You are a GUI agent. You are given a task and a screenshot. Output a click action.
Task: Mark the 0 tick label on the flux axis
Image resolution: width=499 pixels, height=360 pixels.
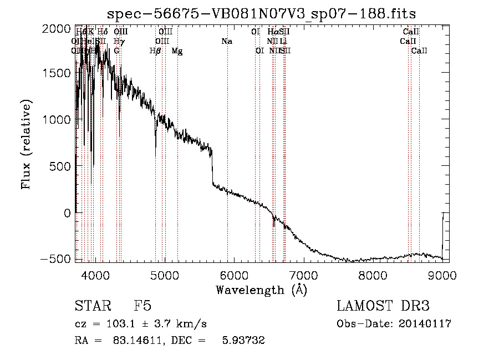(67, 212)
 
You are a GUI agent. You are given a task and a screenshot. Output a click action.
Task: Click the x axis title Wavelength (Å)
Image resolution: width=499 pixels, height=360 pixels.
(261, 290)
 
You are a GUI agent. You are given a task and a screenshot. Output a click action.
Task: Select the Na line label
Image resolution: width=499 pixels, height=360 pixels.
(226, 42)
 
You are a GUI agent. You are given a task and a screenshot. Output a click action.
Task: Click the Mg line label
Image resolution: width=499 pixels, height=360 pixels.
(177, 51)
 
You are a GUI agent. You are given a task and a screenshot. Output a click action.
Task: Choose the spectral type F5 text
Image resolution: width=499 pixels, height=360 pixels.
(142, 307)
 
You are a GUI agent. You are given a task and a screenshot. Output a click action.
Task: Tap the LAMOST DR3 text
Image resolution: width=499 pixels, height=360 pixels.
(383, 307)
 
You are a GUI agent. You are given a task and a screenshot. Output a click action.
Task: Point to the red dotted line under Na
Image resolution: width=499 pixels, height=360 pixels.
(227, 139)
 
